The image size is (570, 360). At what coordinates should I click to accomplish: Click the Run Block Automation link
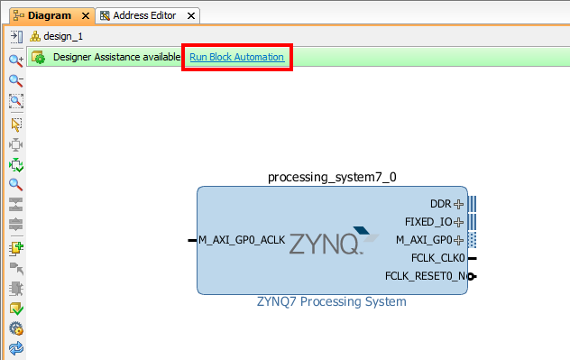tap(236, 57)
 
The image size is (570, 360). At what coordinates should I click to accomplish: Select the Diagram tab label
tap(50, 15)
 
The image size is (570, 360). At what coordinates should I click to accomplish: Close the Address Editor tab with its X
tap(191, 16)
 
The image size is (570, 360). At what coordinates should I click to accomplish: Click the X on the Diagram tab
tap(86, 16)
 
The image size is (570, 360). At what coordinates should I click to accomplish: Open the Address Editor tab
tap(144, 15)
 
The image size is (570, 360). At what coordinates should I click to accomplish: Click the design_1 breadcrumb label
tap(63, 36)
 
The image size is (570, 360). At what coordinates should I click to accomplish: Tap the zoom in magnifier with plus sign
tap(16, 60)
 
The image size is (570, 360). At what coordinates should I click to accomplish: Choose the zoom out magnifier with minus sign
tap(16, 80)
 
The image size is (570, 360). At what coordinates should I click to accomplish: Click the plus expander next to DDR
tap(459, 204)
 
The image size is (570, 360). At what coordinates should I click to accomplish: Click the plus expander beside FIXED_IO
tap(459, 222)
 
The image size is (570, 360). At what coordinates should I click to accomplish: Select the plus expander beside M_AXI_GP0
tap(459, 240)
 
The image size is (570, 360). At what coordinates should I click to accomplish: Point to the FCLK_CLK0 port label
tap(438, 258)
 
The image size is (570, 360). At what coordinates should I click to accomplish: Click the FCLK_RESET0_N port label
tap(425, 276)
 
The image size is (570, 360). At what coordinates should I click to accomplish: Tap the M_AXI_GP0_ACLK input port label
tap(242, 240)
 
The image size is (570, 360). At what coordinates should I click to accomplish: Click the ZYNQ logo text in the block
tap(326, 244)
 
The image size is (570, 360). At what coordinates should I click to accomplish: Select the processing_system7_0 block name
tap(332, 177)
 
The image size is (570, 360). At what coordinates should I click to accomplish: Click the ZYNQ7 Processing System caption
tap(332, 301)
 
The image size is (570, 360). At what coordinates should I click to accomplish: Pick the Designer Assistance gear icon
tap(38, 58)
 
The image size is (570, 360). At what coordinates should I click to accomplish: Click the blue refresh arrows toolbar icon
tap(16, 348)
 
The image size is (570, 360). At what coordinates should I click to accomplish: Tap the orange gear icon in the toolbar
tap(16, 328)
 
